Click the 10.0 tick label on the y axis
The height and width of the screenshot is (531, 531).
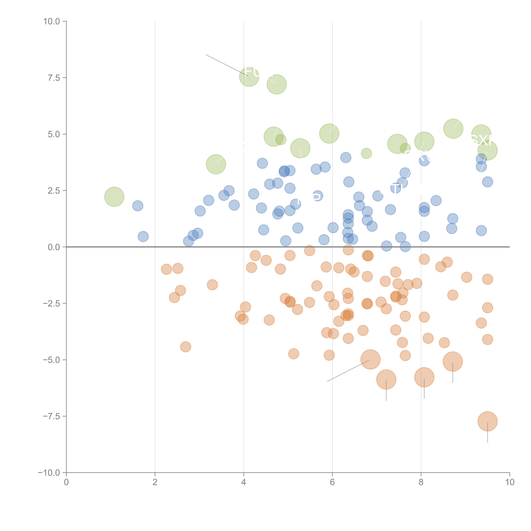pos(52,21)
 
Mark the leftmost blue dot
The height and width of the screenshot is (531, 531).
pos(138,206)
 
